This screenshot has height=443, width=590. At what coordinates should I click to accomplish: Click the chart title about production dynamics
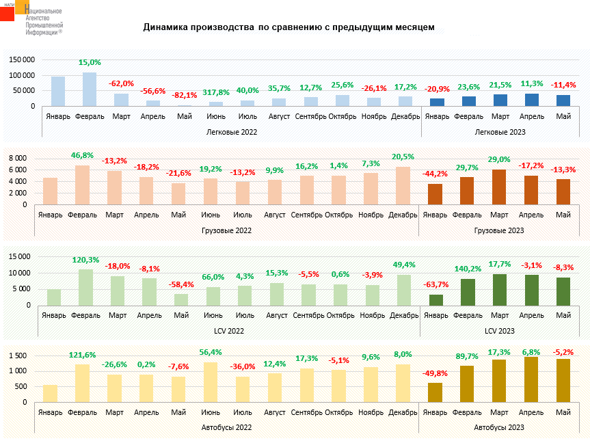point(289,28)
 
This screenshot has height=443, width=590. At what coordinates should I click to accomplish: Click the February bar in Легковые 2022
point(90,90)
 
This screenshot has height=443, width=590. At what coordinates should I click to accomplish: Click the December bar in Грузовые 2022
point(403,185)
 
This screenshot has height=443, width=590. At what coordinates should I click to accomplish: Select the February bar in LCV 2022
point(85,286)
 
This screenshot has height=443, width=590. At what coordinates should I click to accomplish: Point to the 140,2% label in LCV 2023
point(468,269)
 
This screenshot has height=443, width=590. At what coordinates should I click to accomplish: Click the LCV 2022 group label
point(230,331)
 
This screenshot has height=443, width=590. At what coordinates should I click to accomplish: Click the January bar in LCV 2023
point(435,299)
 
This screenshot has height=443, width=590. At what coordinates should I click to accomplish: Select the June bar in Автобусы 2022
point(211,382)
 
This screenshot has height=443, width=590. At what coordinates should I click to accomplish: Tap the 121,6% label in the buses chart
point(83,355)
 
